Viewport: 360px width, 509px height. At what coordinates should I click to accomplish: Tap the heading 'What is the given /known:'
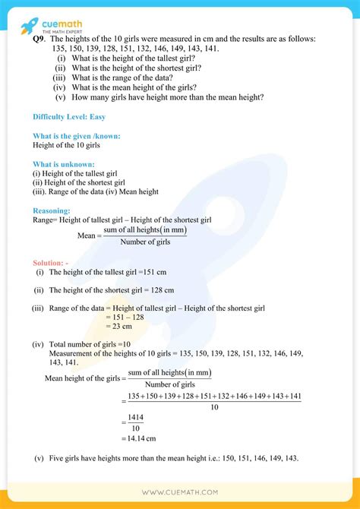pyautogui.click(x=77, y=135)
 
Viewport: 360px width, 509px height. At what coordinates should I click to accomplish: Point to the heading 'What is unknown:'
pyautogui.click(x=64, y=163)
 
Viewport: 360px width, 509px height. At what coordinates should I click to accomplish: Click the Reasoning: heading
pyautogui.click(x=52, y=210)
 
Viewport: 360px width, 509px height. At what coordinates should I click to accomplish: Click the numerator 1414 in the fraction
pyautogui.click(x=136, y=417)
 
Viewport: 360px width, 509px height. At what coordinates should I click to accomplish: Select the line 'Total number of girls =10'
pyautogui.click(x=90, y=344)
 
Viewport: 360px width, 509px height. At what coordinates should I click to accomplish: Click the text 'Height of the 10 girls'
pyautogui.click(x=67, y=144)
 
